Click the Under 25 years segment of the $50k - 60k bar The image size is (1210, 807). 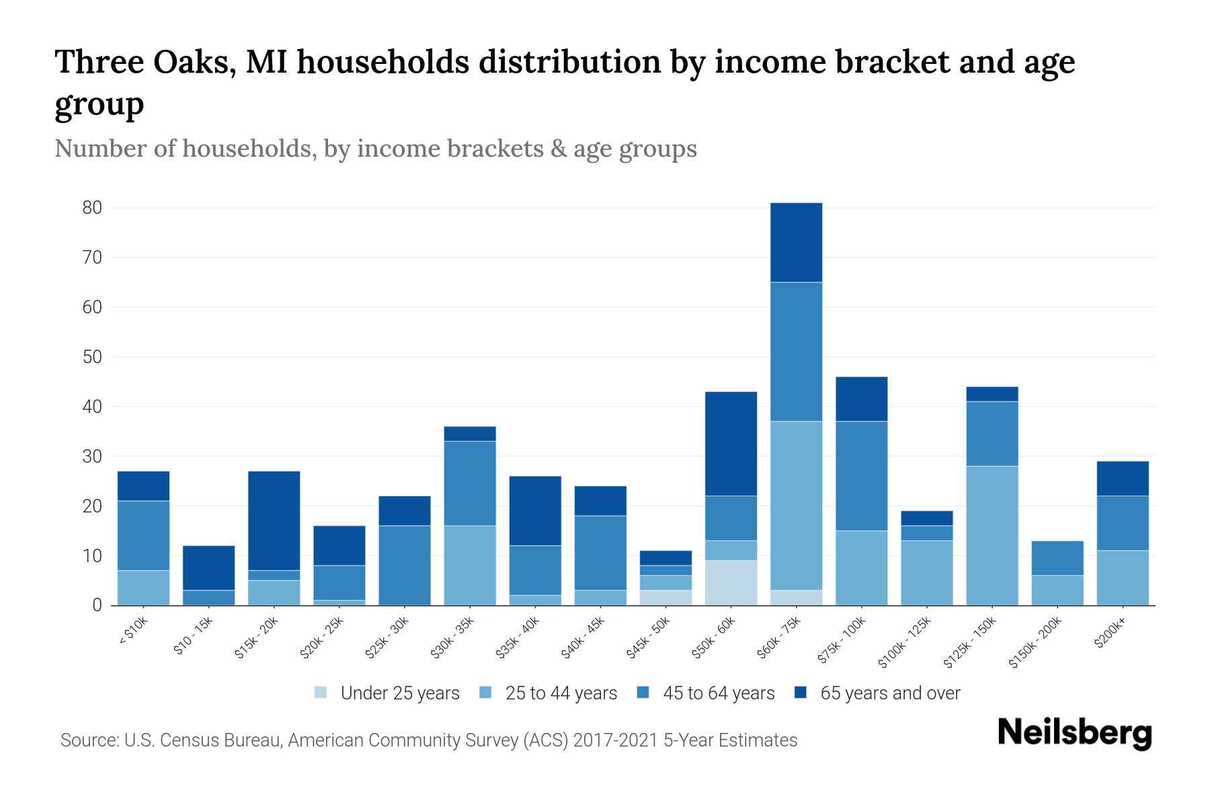(x=731, y=582)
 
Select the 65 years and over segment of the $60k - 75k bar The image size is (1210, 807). (x=796, y=242)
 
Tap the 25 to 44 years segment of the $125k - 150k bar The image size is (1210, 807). (x=992, y=535)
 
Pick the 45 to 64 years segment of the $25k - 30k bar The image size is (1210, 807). (x=405, y=565)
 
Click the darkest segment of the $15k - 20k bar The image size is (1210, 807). (x=274, y=521)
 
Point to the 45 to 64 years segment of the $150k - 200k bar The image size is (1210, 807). (x=1057, y=558)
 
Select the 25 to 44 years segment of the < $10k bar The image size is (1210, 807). (x=143, y=588)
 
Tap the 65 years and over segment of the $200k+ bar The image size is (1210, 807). (x=1123, y=478)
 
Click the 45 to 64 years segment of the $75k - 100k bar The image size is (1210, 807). (x=861, y=476)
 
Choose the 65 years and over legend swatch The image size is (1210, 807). (x=801, y=693)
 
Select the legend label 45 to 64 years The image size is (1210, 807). (x=719, y=693)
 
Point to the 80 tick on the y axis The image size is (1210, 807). (x=92, y=208)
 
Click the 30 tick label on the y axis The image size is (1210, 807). (x=92, y=457)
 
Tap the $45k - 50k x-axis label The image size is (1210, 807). (x=649, y=636)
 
